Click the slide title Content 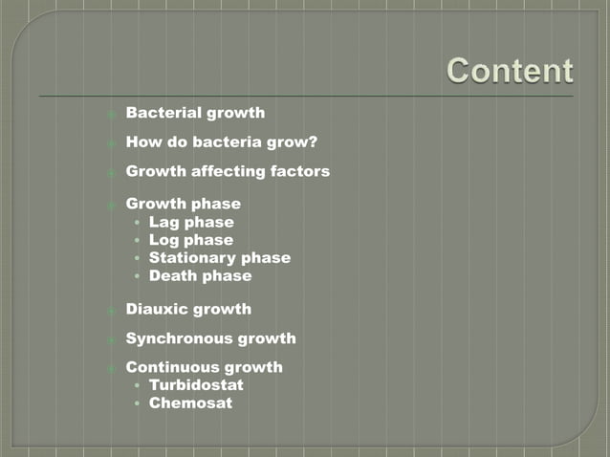coord(510,71)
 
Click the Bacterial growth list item coord(195,113)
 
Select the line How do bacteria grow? coord(222,142)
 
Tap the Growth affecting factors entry coord(228,171)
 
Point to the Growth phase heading coord(183,204)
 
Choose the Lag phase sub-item coord(191,222)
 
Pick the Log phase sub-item coord(190,240)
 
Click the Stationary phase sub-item coord(219,257)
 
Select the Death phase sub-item coord(200,275)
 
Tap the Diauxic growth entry coord(188,309)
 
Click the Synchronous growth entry coord(210,338)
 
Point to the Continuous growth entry coord(204,367)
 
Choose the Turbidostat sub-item coord(196,384)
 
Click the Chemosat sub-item coord(190,403)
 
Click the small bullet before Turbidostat coord(139,385)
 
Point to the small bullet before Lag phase coord(139,223)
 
